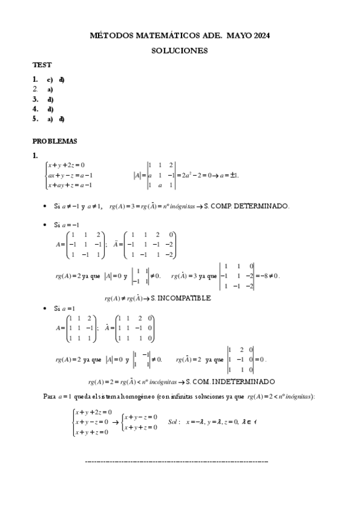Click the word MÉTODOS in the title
(x=109, y=36)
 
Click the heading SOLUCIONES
(x=180, y=51)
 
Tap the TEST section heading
(x=42, y=65)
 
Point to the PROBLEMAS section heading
(x=55, y=141)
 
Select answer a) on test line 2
(x=50, y=90)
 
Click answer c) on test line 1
(x=50, y=79)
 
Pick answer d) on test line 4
(x=50, y=109)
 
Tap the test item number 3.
(x=35, y=99)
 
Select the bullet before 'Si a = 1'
(x=46, y=309)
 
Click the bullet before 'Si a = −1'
(x=46, y=225)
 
